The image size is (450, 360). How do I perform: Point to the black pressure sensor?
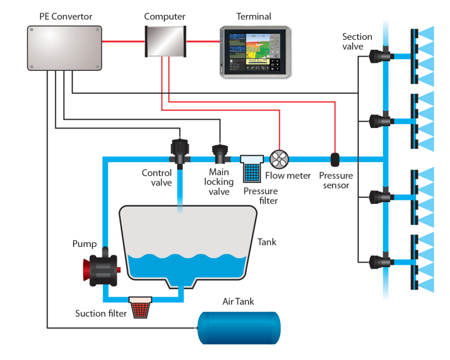tap(335, 160)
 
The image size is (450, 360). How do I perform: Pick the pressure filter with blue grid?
tap(252, 168)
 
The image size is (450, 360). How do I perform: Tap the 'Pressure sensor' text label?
tap(335, 181)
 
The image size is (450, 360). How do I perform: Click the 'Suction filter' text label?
tap(101, 313)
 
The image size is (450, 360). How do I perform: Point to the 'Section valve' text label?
tap(357, 42)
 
